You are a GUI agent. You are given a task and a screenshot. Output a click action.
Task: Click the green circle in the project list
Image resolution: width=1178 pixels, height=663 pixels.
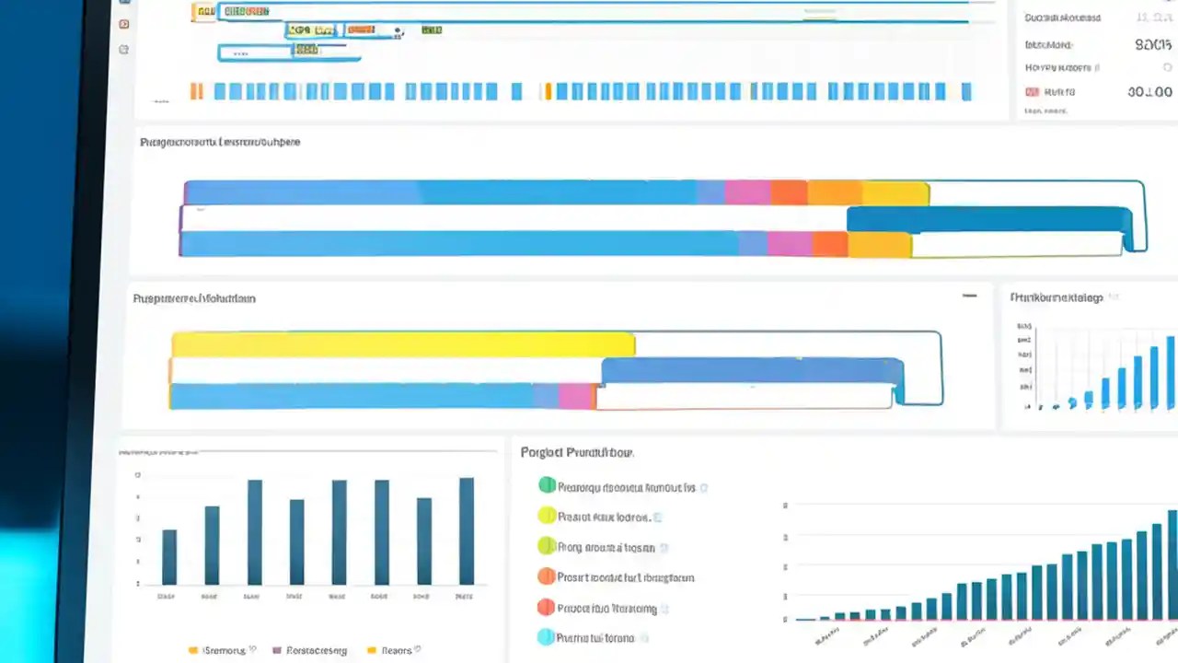(x=547, y=485)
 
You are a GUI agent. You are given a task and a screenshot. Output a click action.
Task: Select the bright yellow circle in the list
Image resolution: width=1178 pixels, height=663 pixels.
(x=547, y=516)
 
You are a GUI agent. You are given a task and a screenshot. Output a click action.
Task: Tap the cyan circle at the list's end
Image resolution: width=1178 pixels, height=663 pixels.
(x=546, y=636)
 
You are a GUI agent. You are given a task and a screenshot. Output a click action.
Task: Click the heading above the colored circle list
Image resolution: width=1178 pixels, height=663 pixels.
(x=576, y=452)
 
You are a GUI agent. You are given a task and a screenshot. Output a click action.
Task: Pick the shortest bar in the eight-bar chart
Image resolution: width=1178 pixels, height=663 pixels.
(x=169, y=557)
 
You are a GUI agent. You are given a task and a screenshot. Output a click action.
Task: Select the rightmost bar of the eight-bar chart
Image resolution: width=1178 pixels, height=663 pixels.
(x=467, y=531)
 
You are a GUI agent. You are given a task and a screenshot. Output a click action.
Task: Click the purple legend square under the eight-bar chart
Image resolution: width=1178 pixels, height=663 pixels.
(x=275, y=650)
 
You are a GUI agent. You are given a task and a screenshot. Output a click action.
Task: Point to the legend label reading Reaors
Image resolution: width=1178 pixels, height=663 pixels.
(x=396, y=650)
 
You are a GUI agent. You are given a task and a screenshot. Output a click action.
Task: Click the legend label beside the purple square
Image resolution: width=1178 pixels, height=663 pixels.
(x=317, y=650)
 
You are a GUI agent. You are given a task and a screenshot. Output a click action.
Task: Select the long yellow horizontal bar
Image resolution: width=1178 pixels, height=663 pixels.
(x=403, y=344)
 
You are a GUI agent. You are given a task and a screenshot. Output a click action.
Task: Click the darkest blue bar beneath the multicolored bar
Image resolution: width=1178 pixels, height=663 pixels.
(x=988, y=219)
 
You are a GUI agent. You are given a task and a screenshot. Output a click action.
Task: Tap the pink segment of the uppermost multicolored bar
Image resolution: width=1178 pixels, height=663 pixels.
(x=747, y=192)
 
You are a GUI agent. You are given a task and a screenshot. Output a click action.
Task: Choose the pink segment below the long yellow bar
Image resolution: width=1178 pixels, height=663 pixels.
(x=576, y=397)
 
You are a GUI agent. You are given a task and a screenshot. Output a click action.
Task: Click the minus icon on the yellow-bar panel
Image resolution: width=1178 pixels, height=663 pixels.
(x=969, y=296)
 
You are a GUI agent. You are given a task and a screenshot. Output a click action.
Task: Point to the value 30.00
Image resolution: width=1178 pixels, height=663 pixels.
(x=1149, y=92)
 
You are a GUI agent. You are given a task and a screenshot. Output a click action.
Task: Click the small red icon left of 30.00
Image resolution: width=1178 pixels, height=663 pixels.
(x=1032, y=92)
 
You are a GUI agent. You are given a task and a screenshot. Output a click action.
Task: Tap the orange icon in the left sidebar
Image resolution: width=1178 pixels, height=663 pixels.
(x=124, y=23)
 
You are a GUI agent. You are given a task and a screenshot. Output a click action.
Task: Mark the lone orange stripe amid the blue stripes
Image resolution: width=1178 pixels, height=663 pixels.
(x=548, y=91)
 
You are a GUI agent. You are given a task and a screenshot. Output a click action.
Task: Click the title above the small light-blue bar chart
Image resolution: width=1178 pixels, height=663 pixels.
(x=1056, y=297)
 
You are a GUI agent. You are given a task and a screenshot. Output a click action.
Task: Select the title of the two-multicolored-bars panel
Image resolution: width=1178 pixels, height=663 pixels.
(x=220, y=143)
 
